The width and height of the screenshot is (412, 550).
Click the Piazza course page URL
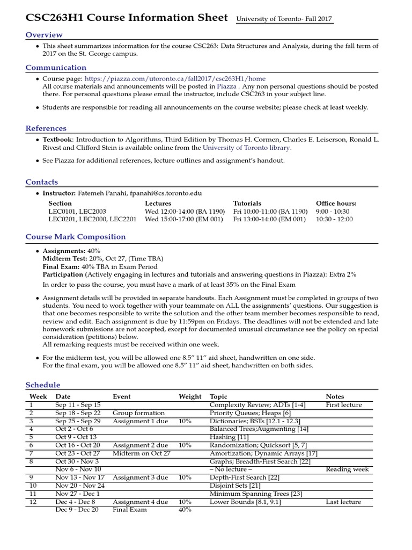pos(175,78)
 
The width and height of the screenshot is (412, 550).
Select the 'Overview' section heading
pos(43,35)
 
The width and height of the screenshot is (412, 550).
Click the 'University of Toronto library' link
pos(246,147)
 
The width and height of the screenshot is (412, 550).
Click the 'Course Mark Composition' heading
pos(76,237)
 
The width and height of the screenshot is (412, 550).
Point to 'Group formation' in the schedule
pos(138,413)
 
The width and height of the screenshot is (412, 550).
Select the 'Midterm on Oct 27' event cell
pos(142,437)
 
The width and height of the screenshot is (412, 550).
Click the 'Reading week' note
pos(347,469)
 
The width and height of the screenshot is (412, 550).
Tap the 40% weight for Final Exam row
pos(185,510)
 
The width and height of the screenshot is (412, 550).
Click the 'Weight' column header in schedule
pos(190,396)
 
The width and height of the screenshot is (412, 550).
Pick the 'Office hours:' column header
pos(336,204)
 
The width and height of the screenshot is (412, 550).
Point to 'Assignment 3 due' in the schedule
pos(140,477)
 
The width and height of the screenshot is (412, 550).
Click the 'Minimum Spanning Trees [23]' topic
pos(256,494)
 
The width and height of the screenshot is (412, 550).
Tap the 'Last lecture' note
pos(343,502)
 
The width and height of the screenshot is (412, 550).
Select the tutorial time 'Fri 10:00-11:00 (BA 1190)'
pos(270,212)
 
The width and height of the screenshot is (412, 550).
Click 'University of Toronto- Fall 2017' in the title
pos(285,19)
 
